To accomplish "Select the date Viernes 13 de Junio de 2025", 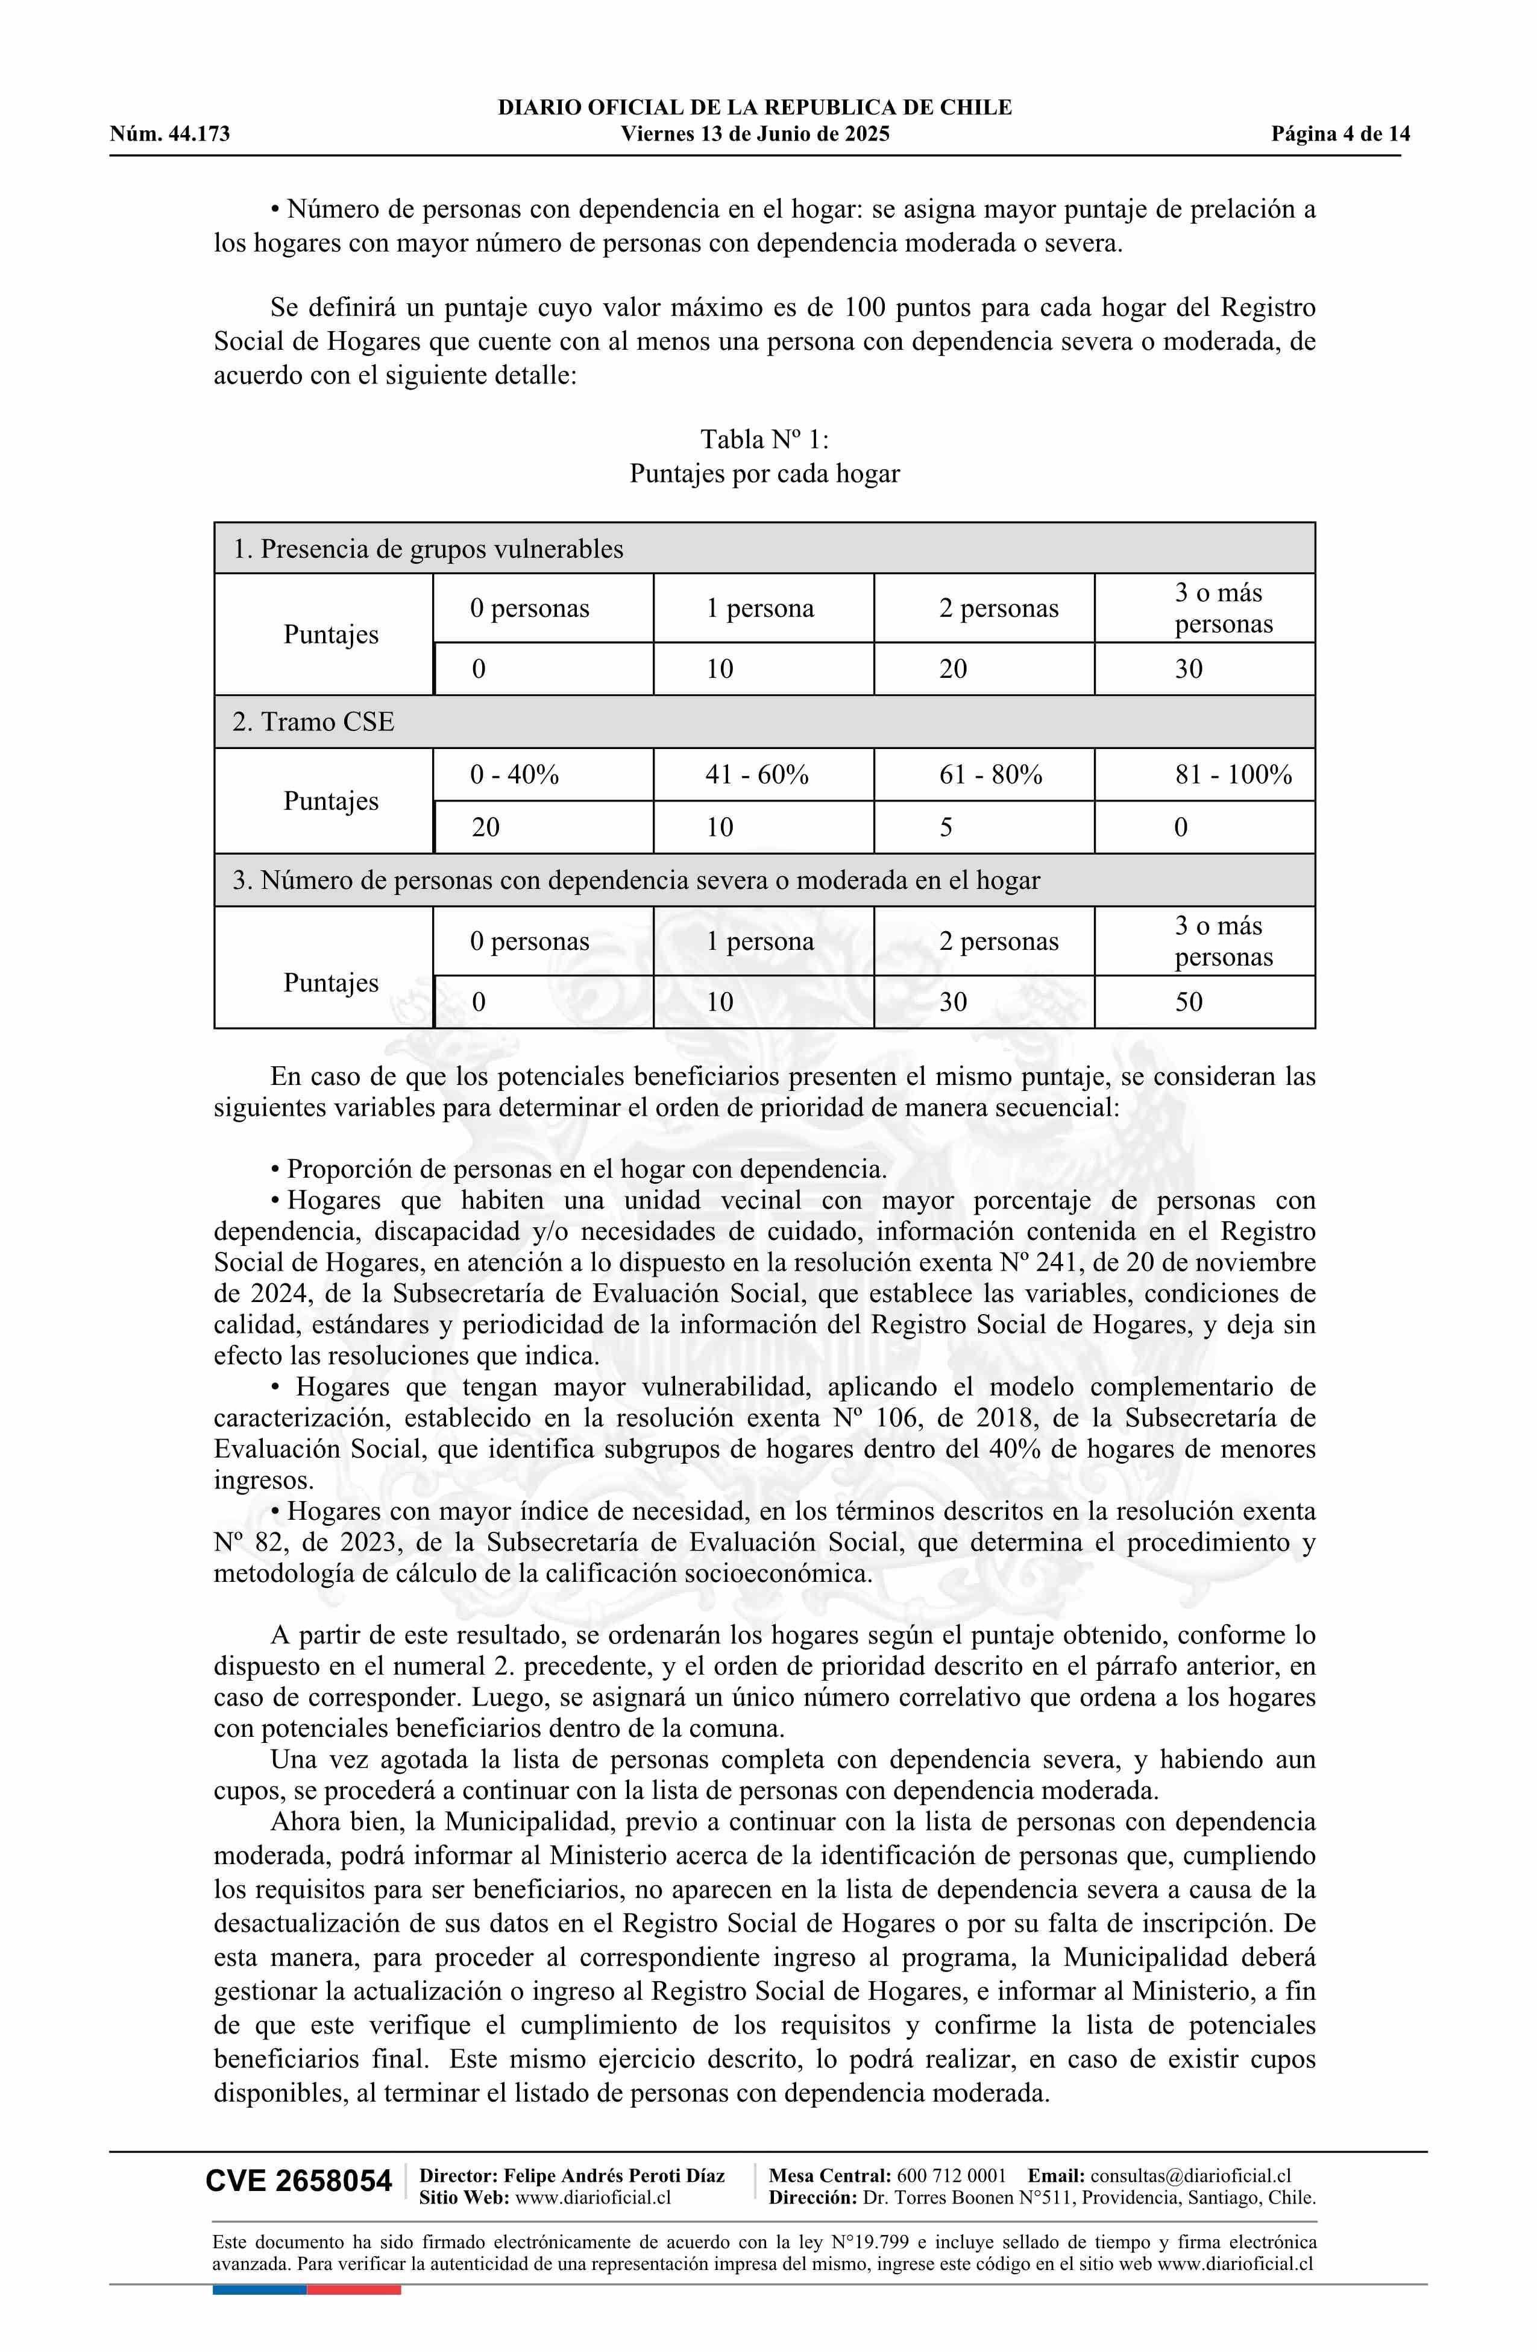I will [755, 134].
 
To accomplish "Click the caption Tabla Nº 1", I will [764, 439].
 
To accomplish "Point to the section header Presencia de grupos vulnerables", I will [441, 549].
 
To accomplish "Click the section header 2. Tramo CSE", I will [313, 722].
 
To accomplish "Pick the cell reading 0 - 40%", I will [515, 775].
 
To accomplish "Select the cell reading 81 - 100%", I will [1233, 775].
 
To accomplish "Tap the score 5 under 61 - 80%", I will [946, 827].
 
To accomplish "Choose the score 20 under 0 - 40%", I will [485, 827].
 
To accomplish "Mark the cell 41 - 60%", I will [756, 775].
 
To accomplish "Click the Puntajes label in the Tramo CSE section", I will [331, 800].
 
